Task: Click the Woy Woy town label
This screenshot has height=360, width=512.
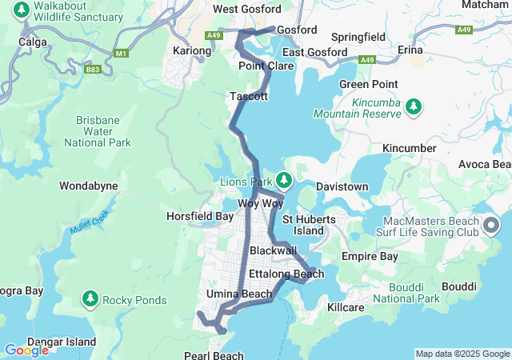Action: (x=261, y=203)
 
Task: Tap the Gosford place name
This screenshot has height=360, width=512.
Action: (x=297, y=30)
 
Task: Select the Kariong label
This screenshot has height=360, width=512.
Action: (x=192, y=50)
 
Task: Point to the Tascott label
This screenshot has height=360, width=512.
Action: (x=249, y=96)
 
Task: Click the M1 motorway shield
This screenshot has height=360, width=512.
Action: (x=121, y=54)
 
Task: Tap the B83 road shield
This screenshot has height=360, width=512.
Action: (x=95, y=70)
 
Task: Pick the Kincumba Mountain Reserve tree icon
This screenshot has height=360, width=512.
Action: (x=414, y=106)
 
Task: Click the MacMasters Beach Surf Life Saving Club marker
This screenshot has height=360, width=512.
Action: (x=490, y=226)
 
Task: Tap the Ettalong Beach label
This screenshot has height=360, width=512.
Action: (x=286, y=274)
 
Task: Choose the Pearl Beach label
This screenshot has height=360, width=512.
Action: (x=214, y=354)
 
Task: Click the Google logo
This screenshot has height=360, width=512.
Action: (x=26, y=350)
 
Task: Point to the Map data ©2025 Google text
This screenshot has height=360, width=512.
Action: (x=462, y=354)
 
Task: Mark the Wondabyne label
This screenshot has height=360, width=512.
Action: (x=89, y=186)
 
